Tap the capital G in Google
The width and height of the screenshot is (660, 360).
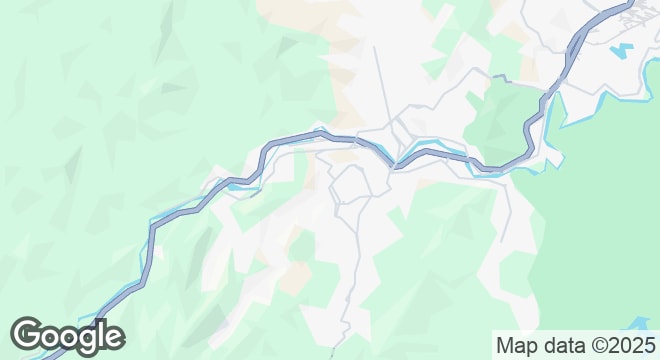(28, 337)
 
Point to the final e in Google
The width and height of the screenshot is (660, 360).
(113, 338)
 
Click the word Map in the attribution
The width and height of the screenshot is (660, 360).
(516, 345)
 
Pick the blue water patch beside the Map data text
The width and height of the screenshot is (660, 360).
(636, 324)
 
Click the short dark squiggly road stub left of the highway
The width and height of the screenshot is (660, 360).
(503, 77)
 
